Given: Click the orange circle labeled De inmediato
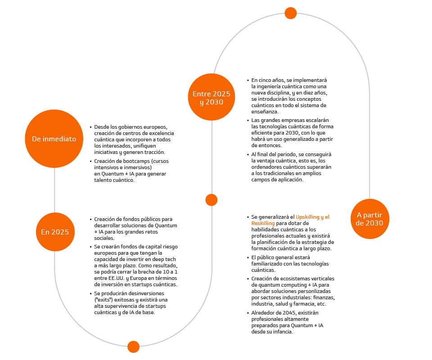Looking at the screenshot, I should (x=54, y=139).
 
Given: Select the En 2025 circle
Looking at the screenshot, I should (x=55, y=232).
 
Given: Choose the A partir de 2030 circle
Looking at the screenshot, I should (x=369, y=219).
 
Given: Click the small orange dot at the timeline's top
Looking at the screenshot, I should (x=291, y=13).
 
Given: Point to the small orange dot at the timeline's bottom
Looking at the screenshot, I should (x=133, y=346).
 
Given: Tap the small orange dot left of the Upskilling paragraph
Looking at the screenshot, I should (x=211, y=200).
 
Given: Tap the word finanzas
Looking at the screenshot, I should (x=324, y=297).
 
